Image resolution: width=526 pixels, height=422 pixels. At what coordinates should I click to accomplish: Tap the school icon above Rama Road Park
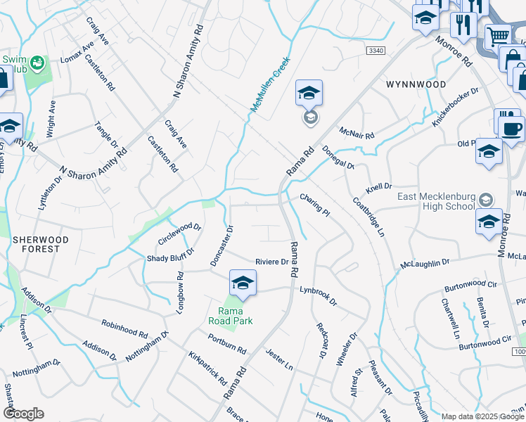click(x=242, y=283)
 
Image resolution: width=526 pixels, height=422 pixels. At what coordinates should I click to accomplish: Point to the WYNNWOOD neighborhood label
click(x=416, y=84)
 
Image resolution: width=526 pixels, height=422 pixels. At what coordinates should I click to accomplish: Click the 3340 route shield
click(x=376, y=51)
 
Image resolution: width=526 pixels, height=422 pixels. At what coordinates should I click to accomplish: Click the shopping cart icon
click(x=498, y=35)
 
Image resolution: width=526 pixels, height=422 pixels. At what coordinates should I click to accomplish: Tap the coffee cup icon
click(x=511, y=128)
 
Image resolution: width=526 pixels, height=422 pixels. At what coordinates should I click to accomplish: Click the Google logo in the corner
click(x=23, y=414)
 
